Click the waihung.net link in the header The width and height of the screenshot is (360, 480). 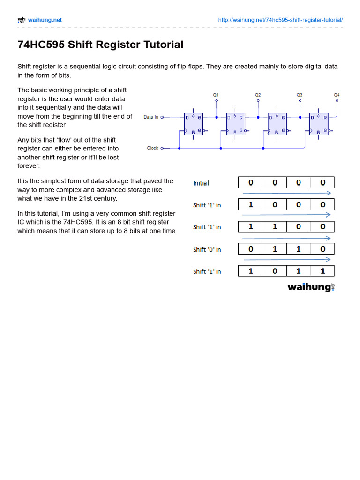45,20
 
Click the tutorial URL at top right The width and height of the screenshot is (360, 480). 280,20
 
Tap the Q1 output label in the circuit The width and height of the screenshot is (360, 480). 216,95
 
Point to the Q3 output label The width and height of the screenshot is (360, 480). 300,95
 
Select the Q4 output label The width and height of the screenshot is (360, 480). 337,95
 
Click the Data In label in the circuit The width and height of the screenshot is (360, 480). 151,117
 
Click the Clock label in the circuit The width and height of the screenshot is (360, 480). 152,148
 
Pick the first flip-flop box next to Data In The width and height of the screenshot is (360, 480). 194,124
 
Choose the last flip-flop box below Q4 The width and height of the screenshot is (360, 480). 319,124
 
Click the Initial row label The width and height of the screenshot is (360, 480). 201,183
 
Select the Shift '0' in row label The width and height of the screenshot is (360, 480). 207,249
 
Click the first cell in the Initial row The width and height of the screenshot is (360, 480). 250,182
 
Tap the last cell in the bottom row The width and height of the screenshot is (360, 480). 322,271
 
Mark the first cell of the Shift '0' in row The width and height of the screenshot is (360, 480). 250,249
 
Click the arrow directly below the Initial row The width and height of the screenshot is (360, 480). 287,193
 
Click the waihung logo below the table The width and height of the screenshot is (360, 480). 311,287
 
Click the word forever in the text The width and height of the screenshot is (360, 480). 29,166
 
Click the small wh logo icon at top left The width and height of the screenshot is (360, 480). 21,20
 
